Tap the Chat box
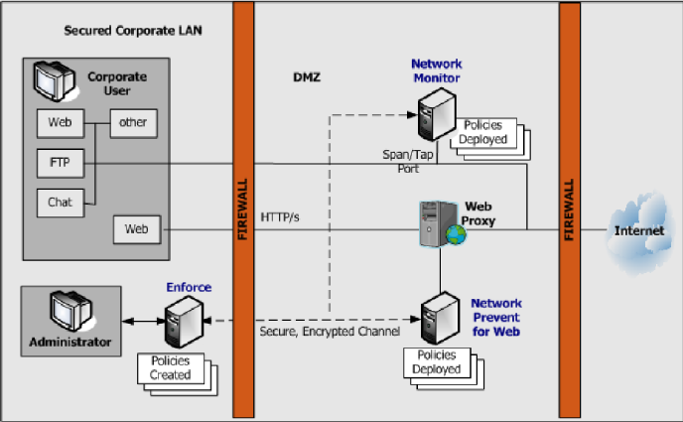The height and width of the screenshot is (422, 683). coord(60,202)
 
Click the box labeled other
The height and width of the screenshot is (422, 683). coord(132,123)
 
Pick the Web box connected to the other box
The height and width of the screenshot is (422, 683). coord(59,123)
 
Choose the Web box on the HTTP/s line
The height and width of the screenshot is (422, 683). coord(136,229)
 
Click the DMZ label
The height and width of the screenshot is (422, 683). coord(308,76)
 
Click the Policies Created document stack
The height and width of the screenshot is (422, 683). coord(173,368)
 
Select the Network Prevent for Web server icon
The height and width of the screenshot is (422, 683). coord(438,319)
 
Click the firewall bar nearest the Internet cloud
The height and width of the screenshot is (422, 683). coord(569,211)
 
